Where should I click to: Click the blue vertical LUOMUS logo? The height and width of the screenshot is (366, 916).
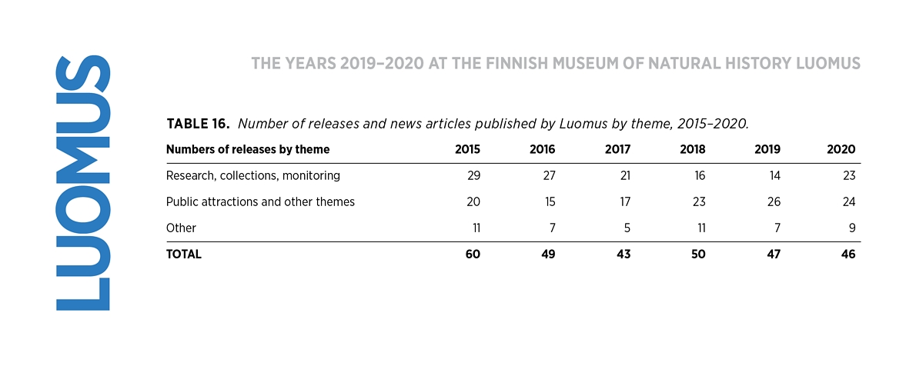click(82, 183)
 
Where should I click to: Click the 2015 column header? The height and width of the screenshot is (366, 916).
click(467, 149)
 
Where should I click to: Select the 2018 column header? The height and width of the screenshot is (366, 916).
click(692, 149)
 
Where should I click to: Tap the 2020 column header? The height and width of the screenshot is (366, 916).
click(841, 149)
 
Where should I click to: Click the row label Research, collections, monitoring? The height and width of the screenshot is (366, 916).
click(253, 176)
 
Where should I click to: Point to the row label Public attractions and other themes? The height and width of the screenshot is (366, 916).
click(260, 202)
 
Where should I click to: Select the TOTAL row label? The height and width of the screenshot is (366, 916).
click(183, 255)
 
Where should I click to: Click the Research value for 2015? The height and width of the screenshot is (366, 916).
click(473, 176)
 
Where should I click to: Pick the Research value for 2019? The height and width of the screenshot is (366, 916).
click(774, 176)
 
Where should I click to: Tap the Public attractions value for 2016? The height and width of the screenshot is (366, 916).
click(549, 202)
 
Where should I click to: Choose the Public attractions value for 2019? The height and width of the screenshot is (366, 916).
click(774, 202)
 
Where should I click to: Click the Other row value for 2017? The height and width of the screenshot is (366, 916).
click(627, 228)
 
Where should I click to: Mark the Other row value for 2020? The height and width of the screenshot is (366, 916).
click(852, 228)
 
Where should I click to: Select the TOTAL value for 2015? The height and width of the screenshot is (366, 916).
click(473, 255)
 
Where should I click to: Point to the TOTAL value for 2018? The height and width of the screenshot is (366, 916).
click(698, 255)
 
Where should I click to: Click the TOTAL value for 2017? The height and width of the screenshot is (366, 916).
click(624, 255)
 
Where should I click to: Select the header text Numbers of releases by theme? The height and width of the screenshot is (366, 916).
click(248, 149)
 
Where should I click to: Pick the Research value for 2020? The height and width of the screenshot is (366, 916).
click(849, 176)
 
